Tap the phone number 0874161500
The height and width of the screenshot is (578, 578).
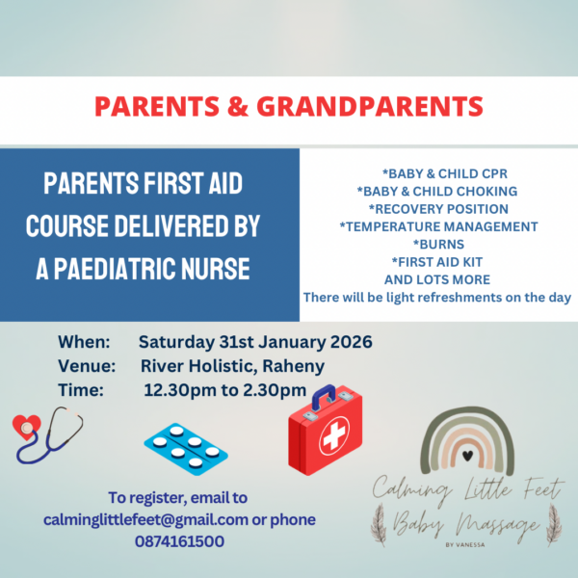[179, 541]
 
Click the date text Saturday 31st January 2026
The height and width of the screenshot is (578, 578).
[255, 342]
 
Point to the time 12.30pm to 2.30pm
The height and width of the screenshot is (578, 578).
[224, 390]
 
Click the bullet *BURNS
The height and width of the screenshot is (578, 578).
[437, 245]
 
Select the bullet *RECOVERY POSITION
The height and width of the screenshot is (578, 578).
[438, 209]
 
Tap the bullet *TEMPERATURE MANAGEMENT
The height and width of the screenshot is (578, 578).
[438, 226]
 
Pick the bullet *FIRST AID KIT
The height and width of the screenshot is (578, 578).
[437, 262]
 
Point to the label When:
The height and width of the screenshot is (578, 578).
[85, 342]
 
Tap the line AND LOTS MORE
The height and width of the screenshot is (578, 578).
[437, 279]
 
